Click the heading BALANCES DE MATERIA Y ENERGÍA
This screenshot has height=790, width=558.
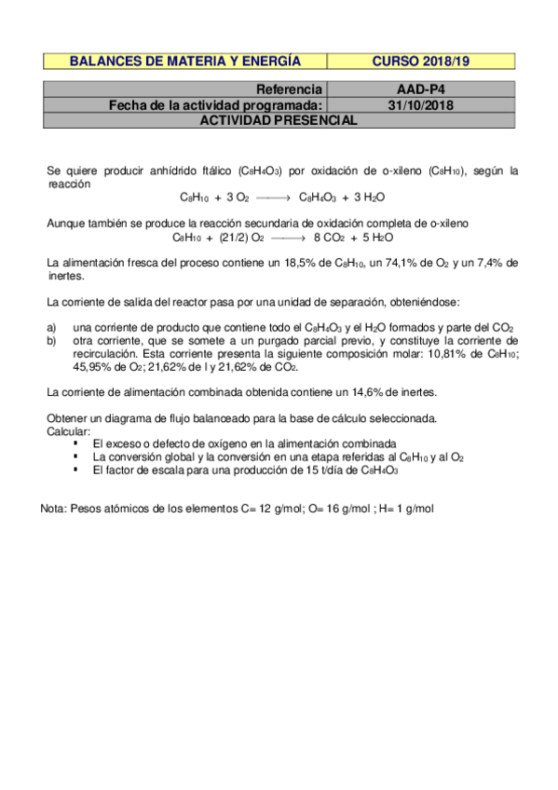point(185,61)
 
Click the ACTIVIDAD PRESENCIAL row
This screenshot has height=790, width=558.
point(279,120)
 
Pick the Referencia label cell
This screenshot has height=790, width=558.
point(289,90)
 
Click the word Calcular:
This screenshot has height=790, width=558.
point(69,432)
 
